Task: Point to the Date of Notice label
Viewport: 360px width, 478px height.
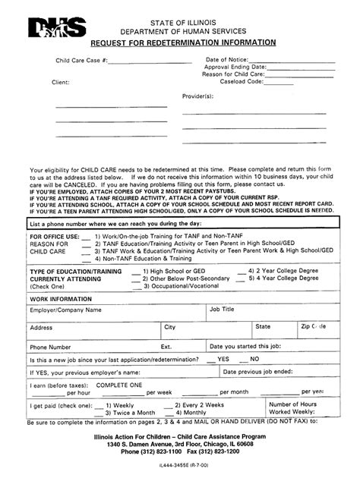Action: (226, 58)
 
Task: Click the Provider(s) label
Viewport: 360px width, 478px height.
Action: (195, 97)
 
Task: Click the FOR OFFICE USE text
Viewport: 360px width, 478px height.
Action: (54, 235)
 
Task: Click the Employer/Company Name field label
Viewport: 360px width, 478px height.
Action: (65, 310)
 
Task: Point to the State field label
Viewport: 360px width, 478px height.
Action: (263, 327)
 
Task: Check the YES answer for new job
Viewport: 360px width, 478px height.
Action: (223, 359)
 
